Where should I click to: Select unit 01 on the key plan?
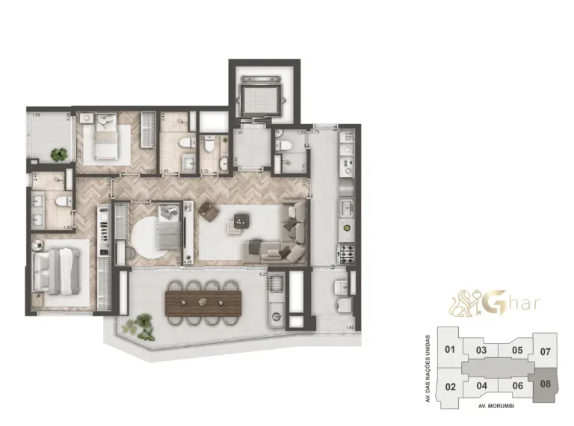click(x=449, y=350)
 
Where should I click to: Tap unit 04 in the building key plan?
click(x=482, y=386)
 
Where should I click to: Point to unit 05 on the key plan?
click(x=516, y=350)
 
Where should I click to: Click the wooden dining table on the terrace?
click(x=203, y=302)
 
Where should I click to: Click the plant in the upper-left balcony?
click(x=58, y=155)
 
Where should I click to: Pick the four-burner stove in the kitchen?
click(x=348, y=253)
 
